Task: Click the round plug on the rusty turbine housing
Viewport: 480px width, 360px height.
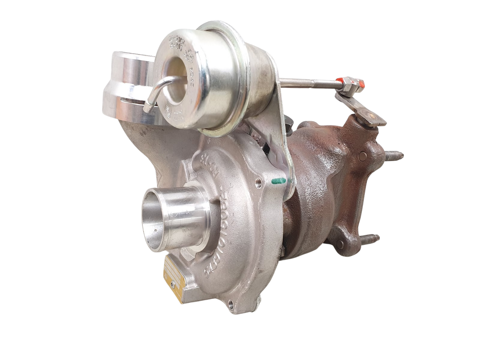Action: pyautogui.click(x=362, y=156)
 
